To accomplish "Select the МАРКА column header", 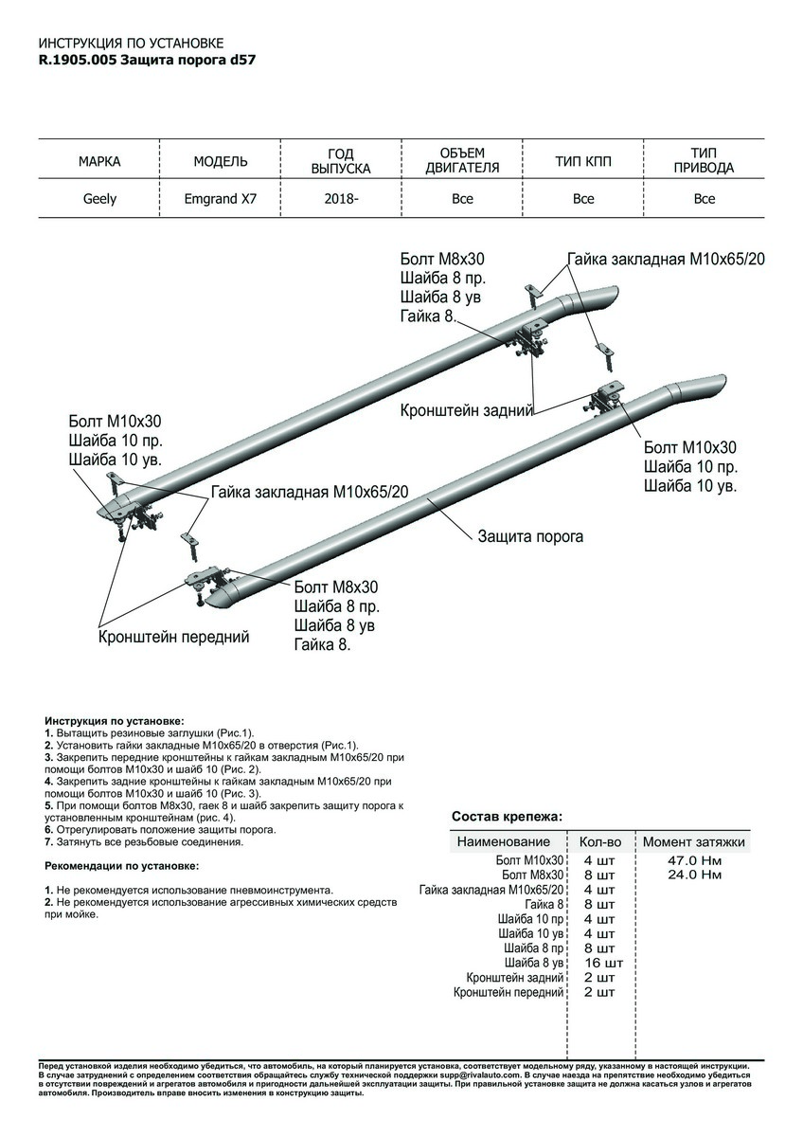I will coord(99,162).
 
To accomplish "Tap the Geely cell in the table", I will coord(99,199).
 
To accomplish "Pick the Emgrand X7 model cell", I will coord(221,199).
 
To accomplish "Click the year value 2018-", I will coord(341,199).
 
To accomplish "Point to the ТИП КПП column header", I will coord(583,162).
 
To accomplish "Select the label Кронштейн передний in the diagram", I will coord(174,638).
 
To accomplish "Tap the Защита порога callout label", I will coord(530,536).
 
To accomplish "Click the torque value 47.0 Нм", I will coord(694,860).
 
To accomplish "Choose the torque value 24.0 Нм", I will coord(694,875).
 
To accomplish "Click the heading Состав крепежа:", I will coord(507,816).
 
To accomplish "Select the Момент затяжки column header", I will coord(694,841).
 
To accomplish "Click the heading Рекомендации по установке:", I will coord(122,866).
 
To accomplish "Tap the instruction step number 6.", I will coord(48,829).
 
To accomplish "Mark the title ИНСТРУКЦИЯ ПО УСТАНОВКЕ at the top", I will coord(131,44).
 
